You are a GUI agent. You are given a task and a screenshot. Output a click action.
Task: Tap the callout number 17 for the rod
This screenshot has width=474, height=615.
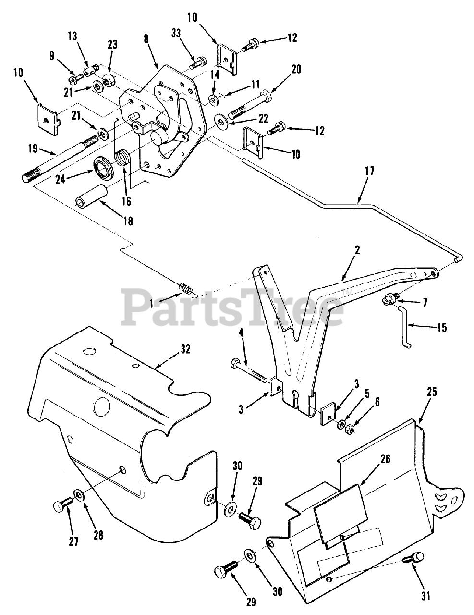[x=369, y=171]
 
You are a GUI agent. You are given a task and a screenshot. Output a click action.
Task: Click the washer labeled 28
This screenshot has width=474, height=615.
[x=79, y=495]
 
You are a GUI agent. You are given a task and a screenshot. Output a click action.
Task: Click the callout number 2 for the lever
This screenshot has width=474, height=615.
[x=357, y=250]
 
